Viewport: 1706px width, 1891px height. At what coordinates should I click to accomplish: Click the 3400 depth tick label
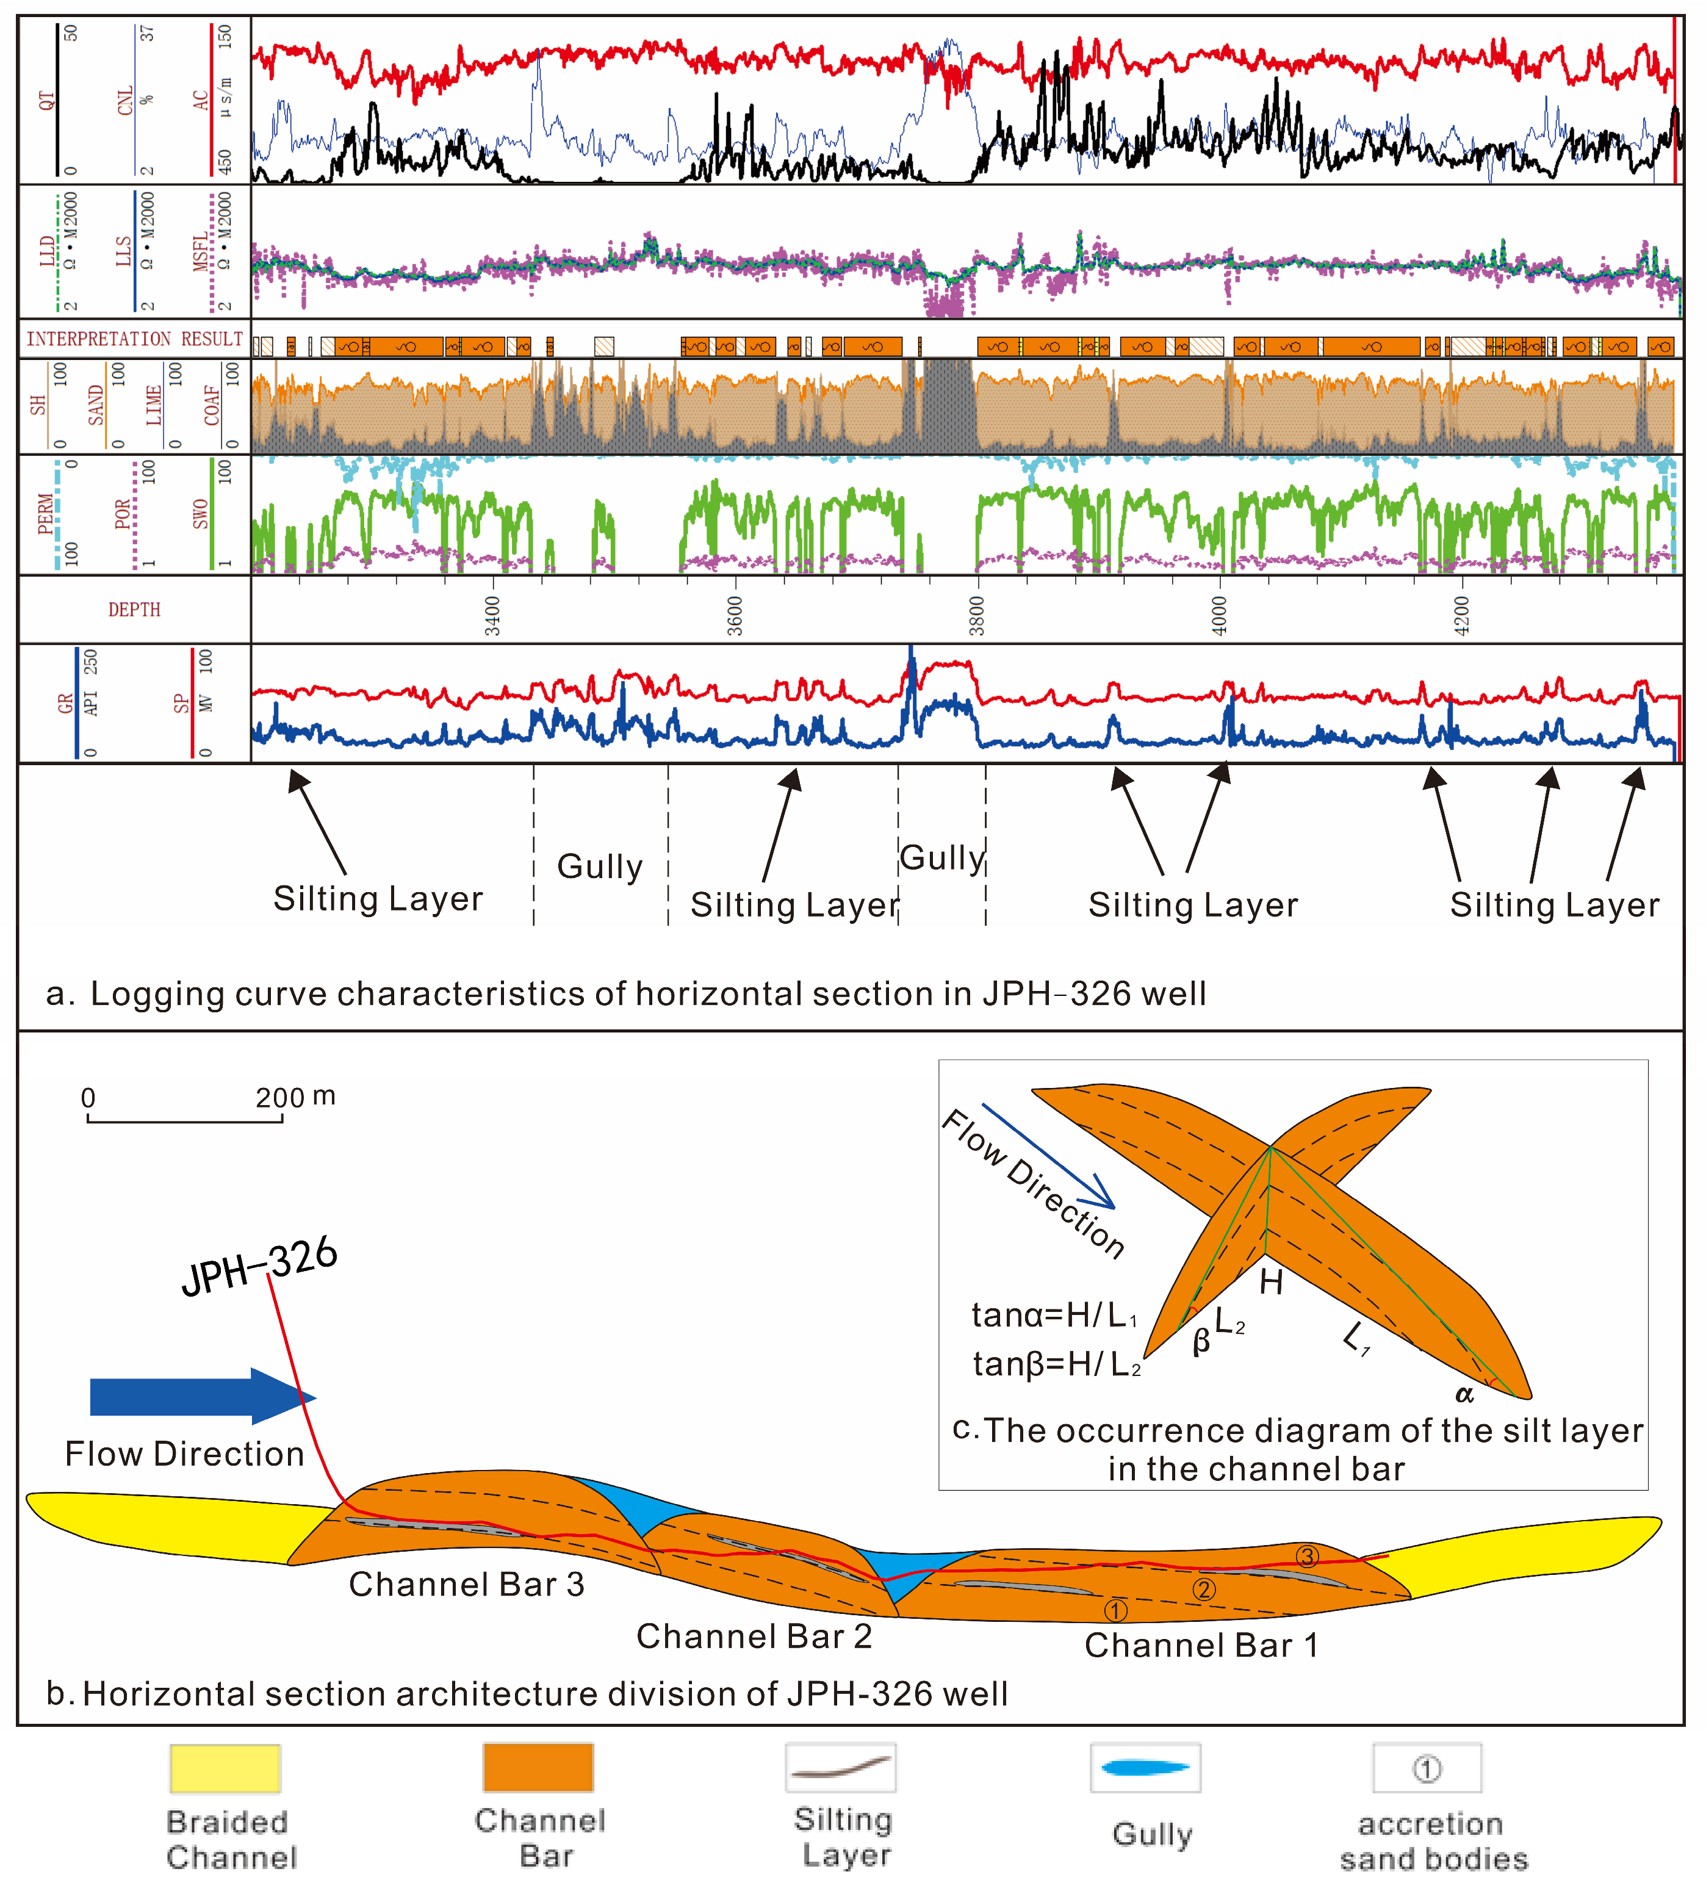tap(492, 615)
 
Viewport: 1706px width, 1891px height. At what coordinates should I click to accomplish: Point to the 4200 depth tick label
tap(1460, 615)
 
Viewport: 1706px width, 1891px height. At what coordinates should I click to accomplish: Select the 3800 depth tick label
tap(977, 615)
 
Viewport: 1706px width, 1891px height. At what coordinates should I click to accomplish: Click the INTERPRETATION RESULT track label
tap(134, 339)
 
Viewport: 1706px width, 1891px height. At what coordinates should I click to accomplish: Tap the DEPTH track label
tap(134, 610)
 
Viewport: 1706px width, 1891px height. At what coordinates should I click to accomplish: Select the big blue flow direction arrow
tap(201, 1396)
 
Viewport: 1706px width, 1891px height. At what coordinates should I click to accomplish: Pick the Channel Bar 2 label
tap(754, 1636)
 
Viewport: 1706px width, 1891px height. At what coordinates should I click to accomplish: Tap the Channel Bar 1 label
tap(1201, 1644)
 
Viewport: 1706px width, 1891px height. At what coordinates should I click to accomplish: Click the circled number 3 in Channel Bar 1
tap(1307, 1556)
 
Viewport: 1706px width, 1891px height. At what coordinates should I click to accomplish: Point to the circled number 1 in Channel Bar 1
tap(1115, 1611)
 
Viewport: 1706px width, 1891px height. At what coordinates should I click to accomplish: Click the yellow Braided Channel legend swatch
tap(225, 1768)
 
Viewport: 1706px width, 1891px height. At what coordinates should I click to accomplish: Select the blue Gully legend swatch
tap(1145, 1768)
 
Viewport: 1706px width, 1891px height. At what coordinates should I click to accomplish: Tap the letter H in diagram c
tap(1271, 1281)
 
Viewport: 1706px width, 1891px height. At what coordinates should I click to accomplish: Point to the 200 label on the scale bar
tap(279, 1097)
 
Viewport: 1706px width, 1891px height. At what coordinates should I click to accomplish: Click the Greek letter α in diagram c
tap(1464, 1394)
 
